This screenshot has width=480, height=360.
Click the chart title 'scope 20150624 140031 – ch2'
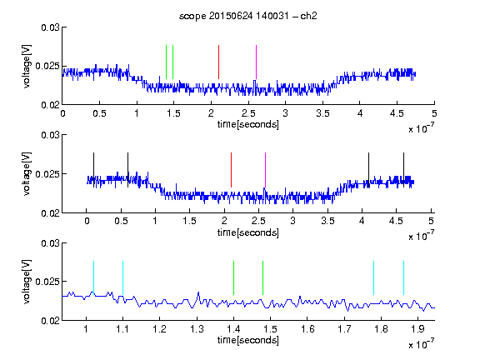(248, 16)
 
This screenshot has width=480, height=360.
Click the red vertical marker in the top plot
(218, 62)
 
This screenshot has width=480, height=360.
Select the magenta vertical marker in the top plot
(256, 62)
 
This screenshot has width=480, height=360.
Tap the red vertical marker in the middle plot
(231, 170)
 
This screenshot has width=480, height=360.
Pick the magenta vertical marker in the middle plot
(265, 170)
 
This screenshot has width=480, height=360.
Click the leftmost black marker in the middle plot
(93, 170)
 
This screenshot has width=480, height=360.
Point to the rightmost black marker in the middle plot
(403, 170)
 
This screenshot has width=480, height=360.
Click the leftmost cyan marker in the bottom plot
(93, 278)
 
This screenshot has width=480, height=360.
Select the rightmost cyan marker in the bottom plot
(403, 278)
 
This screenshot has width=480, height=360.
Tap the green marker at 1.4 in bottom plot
(233, 278)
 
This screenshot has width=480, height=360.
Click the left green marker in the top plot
(166, 62)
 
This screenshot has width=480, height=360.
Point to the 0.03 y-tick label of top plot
(50, 27)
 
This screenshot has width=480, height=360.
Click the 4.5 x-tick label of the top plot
(397, 113)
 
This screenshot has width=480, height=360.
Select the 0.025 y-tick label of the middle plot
(47, 174)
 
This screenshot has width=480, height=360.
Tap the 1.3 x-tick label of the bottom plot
(197, 329)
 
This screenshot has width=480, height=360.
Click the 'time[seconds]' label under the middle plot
(248, 232)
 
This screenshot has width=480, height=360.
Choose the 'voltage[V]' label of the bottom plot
(27, 282)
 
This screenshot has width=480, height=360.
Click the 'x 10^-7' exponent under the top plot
(422, 129)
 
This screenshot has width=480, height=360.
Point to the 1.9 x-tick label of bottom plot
(417, 329)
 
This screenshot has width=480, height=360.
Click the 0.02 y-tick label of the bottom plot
(50, 321)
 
